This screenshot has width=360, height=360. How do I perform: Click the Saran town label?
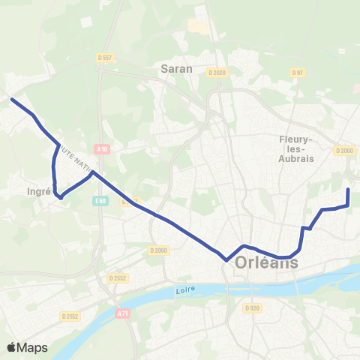pos(177,68)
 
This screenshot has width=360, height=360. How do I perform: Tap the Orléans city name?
pos(266,263)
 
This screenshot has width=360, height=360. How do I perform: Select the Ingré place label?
pos(38,191)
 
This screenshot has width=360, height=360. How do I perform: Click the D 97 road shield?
pos(297,73)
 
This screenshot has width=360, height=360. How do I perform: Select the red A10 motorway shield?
pos(103,149)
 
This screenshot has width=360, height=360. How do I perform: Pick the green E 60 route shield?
pos(100,201)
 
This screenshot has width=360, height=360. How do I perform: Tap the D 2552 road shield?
pos(115,277)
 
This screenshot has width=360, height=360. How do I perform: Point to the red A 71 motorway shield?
pos(123,313)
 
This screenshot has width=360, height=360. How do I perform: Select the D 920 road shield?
pos(252,308)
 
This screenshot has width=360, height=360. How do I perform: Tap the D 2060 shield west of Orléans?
pos(158,250)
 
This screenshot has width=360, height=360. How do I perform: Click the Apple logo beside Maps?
pos(12,347)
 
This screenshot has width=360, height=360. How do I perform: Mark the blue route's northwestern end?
pos(11,98)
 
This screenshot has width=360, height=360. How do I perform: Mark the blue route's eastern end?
pos(348,190)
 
